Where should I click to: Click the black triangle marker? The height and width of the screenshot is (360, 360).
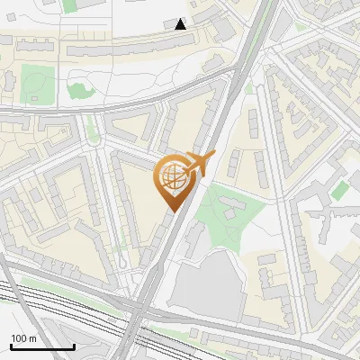[x=181, y=24]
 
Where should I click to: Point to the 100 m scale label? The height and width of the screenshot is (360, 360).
[x=23, y=337]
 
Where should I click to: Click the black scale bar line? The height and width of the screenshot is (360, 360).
[x=42, y=347]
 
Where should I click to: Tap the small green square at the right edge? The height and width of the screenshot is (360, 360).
[x=339, y=191]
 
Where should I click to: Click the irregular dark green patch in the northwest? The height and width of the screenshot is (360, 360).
[x=78, y=91]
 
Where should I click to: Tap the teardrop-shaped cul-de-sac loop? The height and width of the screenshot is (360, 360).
[x=121, y=261]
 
